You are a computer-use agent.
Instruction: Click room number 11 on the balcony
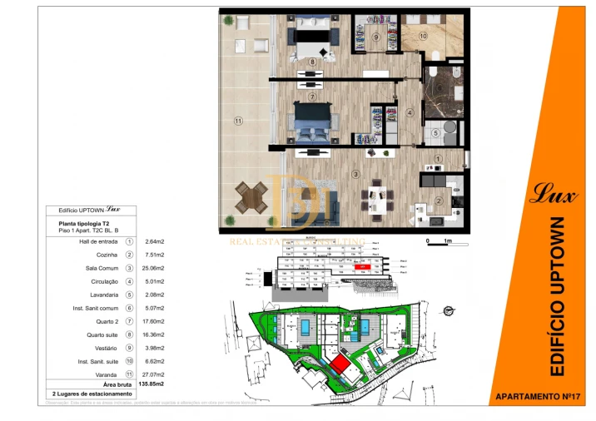pos(238,121)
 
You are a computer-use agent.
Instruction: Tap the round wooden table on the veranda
pos(251,197)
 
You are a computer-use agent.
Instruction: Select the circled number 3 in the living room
pos(355,174)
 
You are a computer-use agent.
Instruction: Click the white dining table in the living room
pos(375,198)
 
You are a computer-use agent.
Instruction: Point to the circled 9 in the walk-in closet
pos(376,37)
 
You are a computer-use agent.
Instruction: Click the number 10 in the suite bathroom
pos(423,36)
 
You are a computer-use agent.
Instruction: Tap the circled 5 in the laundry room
pos(435,132)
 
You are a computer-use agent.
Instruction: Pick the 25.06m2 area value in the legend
pos(155,268)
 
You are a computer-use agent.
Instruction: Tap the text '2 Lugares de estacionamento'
pos(92,394)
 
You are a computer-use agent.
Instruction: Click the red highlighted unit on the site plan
pos(339,364)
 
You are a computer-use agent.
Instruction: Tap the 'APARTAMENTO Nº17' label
pos(537,397)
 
